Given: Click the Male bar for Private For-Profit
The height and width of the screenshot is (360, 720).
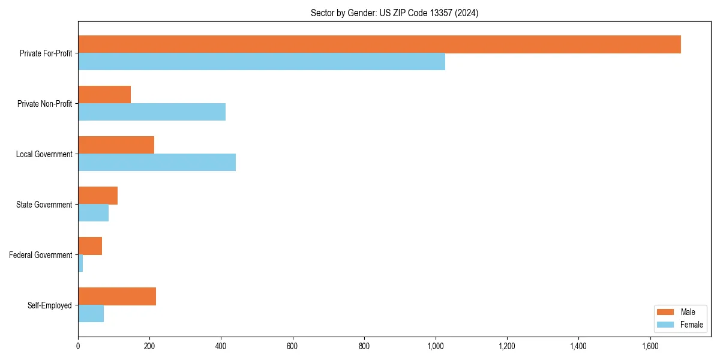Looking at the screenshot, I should (379, 44).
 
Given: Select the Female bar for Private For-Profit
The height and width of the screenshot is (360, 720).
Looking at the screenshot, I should (262, 62).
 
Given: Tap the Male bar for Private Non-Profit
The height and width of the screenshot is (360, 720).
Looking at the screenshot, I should (104, 95).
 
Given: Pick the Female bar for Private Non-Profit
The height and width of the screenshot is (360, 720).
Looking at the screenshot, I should (152, 112).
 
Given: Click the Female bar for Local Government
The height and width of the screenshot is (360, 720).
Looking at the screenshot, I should (157, 163).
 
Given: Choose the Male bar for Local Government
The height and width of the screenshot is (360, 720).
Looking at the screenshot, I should (116, 145).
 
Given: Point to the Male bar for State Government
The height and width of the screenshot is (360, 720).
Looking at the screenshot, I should (98, 196).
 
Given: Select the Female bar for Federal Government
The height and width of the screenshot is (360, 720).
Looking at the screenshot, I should (80, 263).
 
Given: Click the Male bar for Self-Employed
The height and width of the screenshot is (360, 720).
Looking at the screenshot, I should (117, 296).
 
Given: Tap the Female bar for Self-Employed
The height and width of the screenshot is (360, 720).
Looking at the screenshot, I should (91, 314).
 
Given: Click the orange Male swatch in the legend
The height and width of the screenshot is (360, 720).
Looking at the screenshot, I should (666, 312).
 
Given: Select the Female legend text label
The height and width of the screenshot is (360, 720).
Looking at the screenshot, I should (692, 325).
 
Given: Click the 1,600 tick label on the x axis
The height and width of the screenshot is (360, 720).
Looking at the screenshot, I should (650, 346).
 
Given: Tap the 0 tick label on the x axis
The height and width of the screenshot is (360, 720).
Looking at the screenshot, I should (78, 346).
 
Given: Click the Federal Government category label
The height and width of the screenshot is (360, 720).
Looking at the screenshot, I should (40, 255).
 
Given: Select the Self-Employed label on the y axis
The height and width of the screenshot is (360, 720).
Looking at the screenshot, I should (49, 305).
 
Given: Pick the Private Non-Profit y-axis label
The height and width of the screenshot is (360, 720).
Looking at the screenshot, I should (44, 104).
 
